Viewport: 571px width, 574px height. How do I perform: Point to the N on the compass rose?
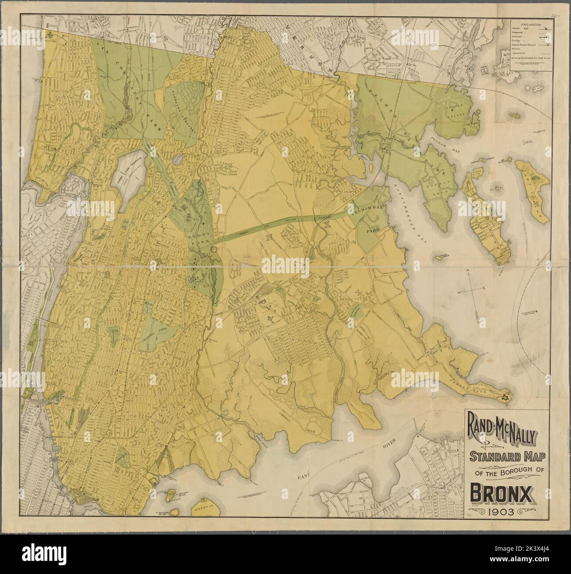(468, 270)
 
